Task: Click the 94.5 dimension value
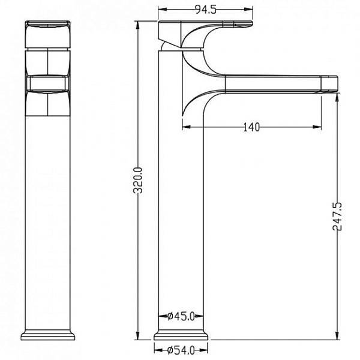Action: click(205, 10)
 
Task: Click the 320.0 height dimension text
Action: click(138, 180)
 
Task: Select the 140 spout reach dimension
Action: click(251, 127)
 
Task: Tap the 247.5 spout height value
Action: click(337, 216)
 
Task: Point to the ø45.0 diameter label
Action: click(181, 316)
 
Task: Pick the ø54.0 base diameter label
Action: click(181, 350)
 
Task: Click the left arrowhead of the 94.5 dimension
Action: click(162, 10)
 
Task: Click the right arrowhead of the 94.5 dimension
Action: click(248, 10)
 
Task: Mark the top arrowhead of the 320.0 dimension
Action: click(137, 25)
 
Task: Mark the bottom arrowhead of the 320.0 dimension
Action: click(137, 335)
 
